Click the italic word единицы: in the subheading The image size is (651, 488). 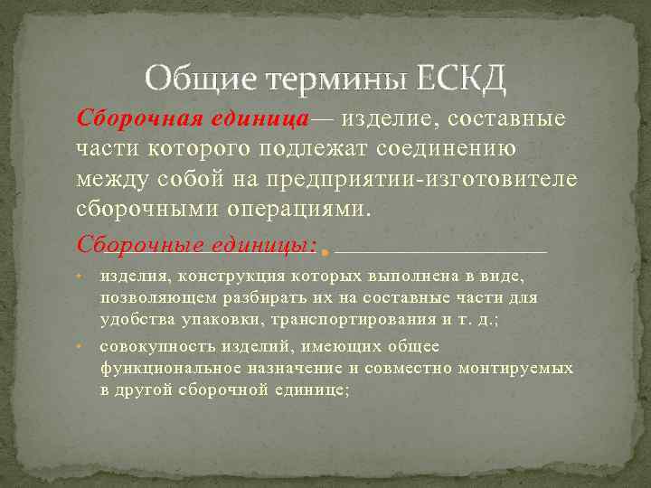point(265,244)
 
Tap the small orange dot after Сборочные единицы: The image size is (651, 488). point(324,249)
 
